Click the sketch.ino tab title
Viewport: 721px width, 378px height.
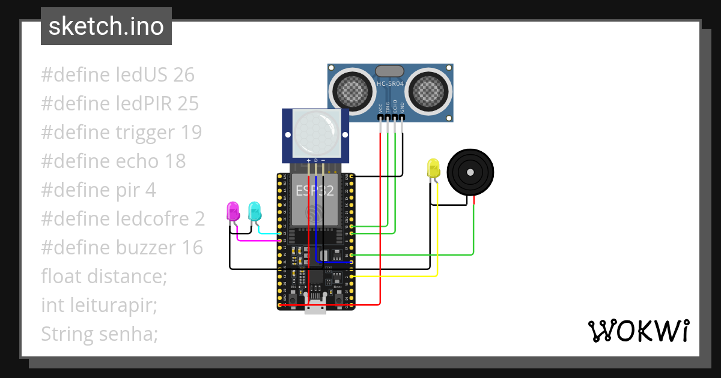[x=106, y=26]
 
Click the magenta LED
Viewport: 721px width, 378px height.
[x=232, y=211]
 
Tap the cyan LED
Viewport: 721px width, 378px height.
[x=254, y=211]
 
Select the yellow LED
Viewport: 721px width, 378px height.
[x=433, y=168]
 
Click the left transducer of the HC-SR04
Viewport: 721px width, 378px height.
[x=353, y=89]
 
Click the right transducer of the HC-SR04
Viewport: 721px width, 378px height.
[x=429, y=89]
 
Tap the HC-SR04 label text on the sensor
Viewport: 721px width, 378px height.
[x=391, y=84]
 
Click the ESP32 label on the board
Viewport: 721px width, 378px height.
[x=314, y=191]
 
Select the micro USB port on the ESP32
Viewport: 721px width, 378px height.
[x=315, y=308]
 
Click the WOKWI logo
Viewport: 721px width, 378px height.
[x=638, y=331]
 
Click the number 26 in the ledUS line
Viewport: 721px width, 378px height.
[x=183, y=75]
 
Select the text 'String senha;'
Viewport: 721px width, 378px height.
[x=100, y=334]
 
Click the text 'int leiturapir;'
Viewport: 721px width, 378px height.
[x=99, y=305]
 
